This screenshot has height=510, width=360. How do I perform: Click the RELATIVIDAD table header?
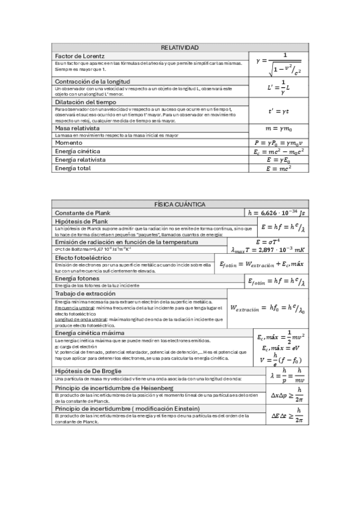pos(180,48)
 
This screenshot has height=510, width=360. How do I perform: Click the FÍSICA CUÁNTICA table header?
pos(180,204)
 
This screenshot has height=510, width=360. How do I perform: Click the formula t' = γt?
pos(278,111)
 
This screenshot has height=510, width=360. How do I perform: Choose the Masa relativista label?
pos(76,128)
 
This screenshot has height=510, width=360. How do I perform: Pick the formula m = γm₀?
pos(278,128)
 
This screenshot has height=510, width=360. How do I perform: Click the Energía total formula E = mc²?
pos(278,169)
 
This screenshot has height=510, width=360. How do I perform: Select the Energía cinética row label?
pos(78,151)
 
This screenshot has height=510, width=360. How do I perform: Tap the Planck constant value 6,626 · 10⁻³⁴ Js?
pos(276,213)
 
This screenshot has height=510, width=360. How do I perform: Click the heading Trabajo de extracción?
pos(85,293)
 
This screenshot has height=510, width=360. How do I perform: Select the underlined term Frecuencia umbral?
pos(69,307)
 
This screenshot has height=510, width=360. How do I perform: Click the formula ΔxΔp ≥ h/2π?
pos(286,395)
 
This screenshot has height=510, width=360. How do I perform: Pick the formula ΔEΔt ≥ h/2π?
pos(286,416)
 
